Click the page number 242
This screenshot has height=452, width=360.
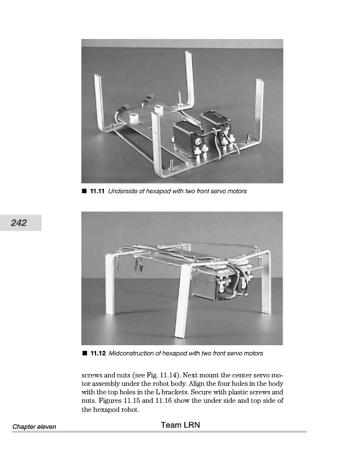click(x=19, y=223)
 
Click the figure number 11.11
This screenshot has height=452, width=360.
click(x=97, y=192)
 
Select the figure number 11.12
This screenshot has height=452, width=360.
click(x=97, y=354)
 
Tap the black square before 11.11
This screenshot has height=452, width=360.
click(x=84, y=192)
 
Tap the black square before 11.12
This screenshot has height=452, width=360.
click(x=84, y=354)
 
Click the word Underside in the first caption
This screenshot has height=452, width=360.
click(x=123, y=192)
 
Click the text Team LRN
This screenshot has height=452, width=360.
click(x=180, y=425)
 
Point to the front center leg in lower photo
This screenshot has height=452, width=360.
click(x=183, y=305)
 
